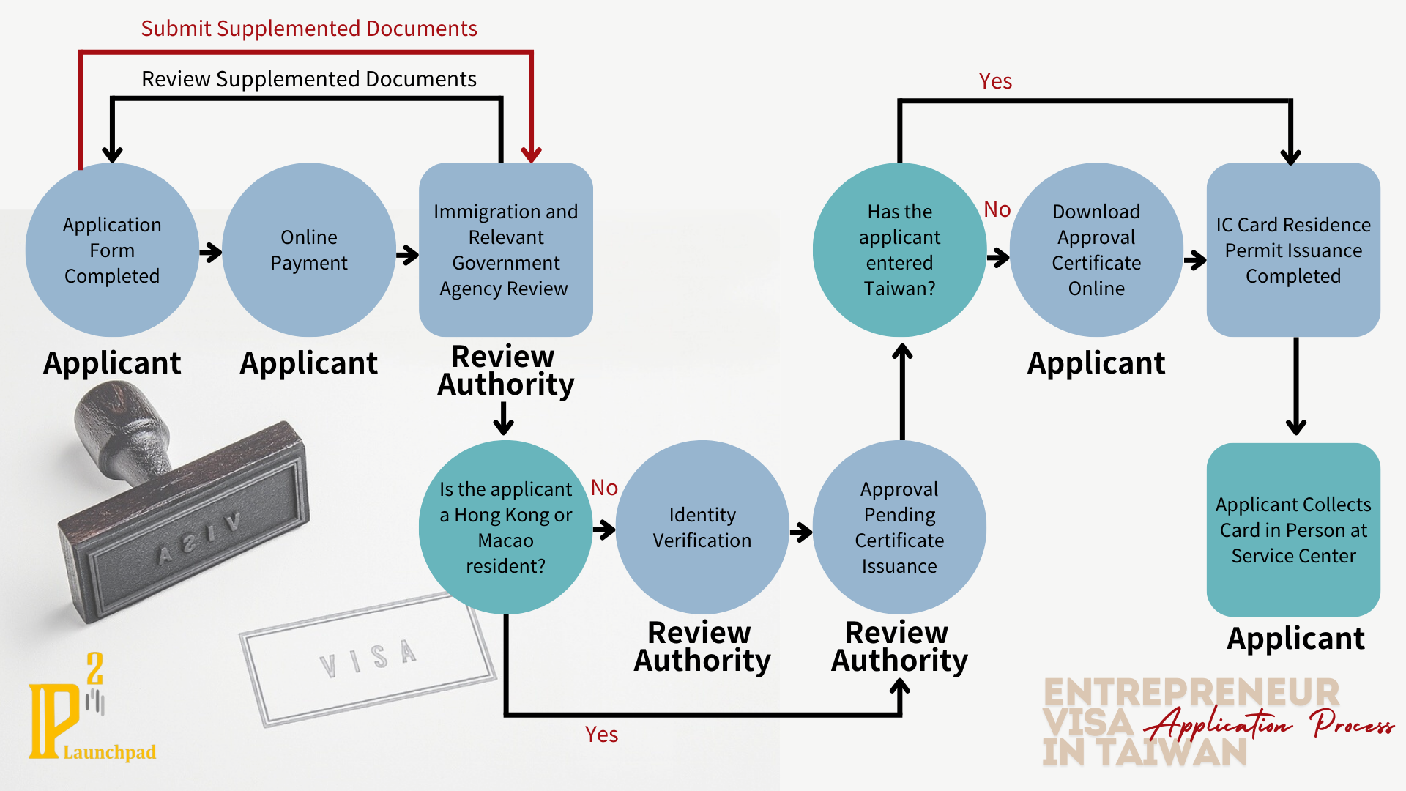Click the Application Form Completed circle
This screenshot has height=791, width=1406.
[112, 250]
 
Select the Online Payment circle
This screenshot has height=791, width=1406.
[308, 250]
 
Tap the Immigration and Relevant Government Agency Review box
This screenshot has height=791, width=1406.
[505, 250]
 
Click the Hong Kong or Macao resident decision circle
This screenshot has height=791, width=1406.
[505, 527]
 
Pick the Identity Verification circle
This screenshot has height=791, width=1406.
[702, 527]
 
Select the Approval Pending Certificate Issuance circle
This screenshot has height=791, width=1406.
[899, 527]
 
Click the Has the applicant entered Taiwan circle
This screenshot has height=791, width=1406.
[899, 250]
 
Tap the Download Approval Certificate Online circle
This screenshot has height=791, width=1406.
[1096, 250]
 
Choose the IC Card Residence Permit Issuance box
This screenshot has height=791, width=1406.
[1293, 250]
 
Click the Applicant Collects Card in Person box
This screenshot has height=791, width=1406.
[1293, 530]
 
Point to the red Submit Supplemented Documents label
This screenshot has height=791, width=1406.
[308, 29]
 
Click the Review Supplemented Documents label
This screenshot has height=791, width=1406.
[308, 79]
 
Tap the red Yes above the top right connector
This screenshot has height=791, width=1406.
[995, 81]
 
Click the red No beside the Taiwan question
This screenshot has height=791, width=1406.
[997, 209]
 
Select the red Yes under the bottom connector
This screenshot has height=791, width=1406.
[601, 735]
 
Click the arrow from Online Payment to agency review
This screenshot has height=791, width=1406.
[407, 255]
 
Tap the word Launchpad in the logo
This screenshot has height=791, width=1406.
[109, 752]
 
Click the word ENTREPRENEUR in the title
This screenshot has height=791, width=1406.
[1191, 693]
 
